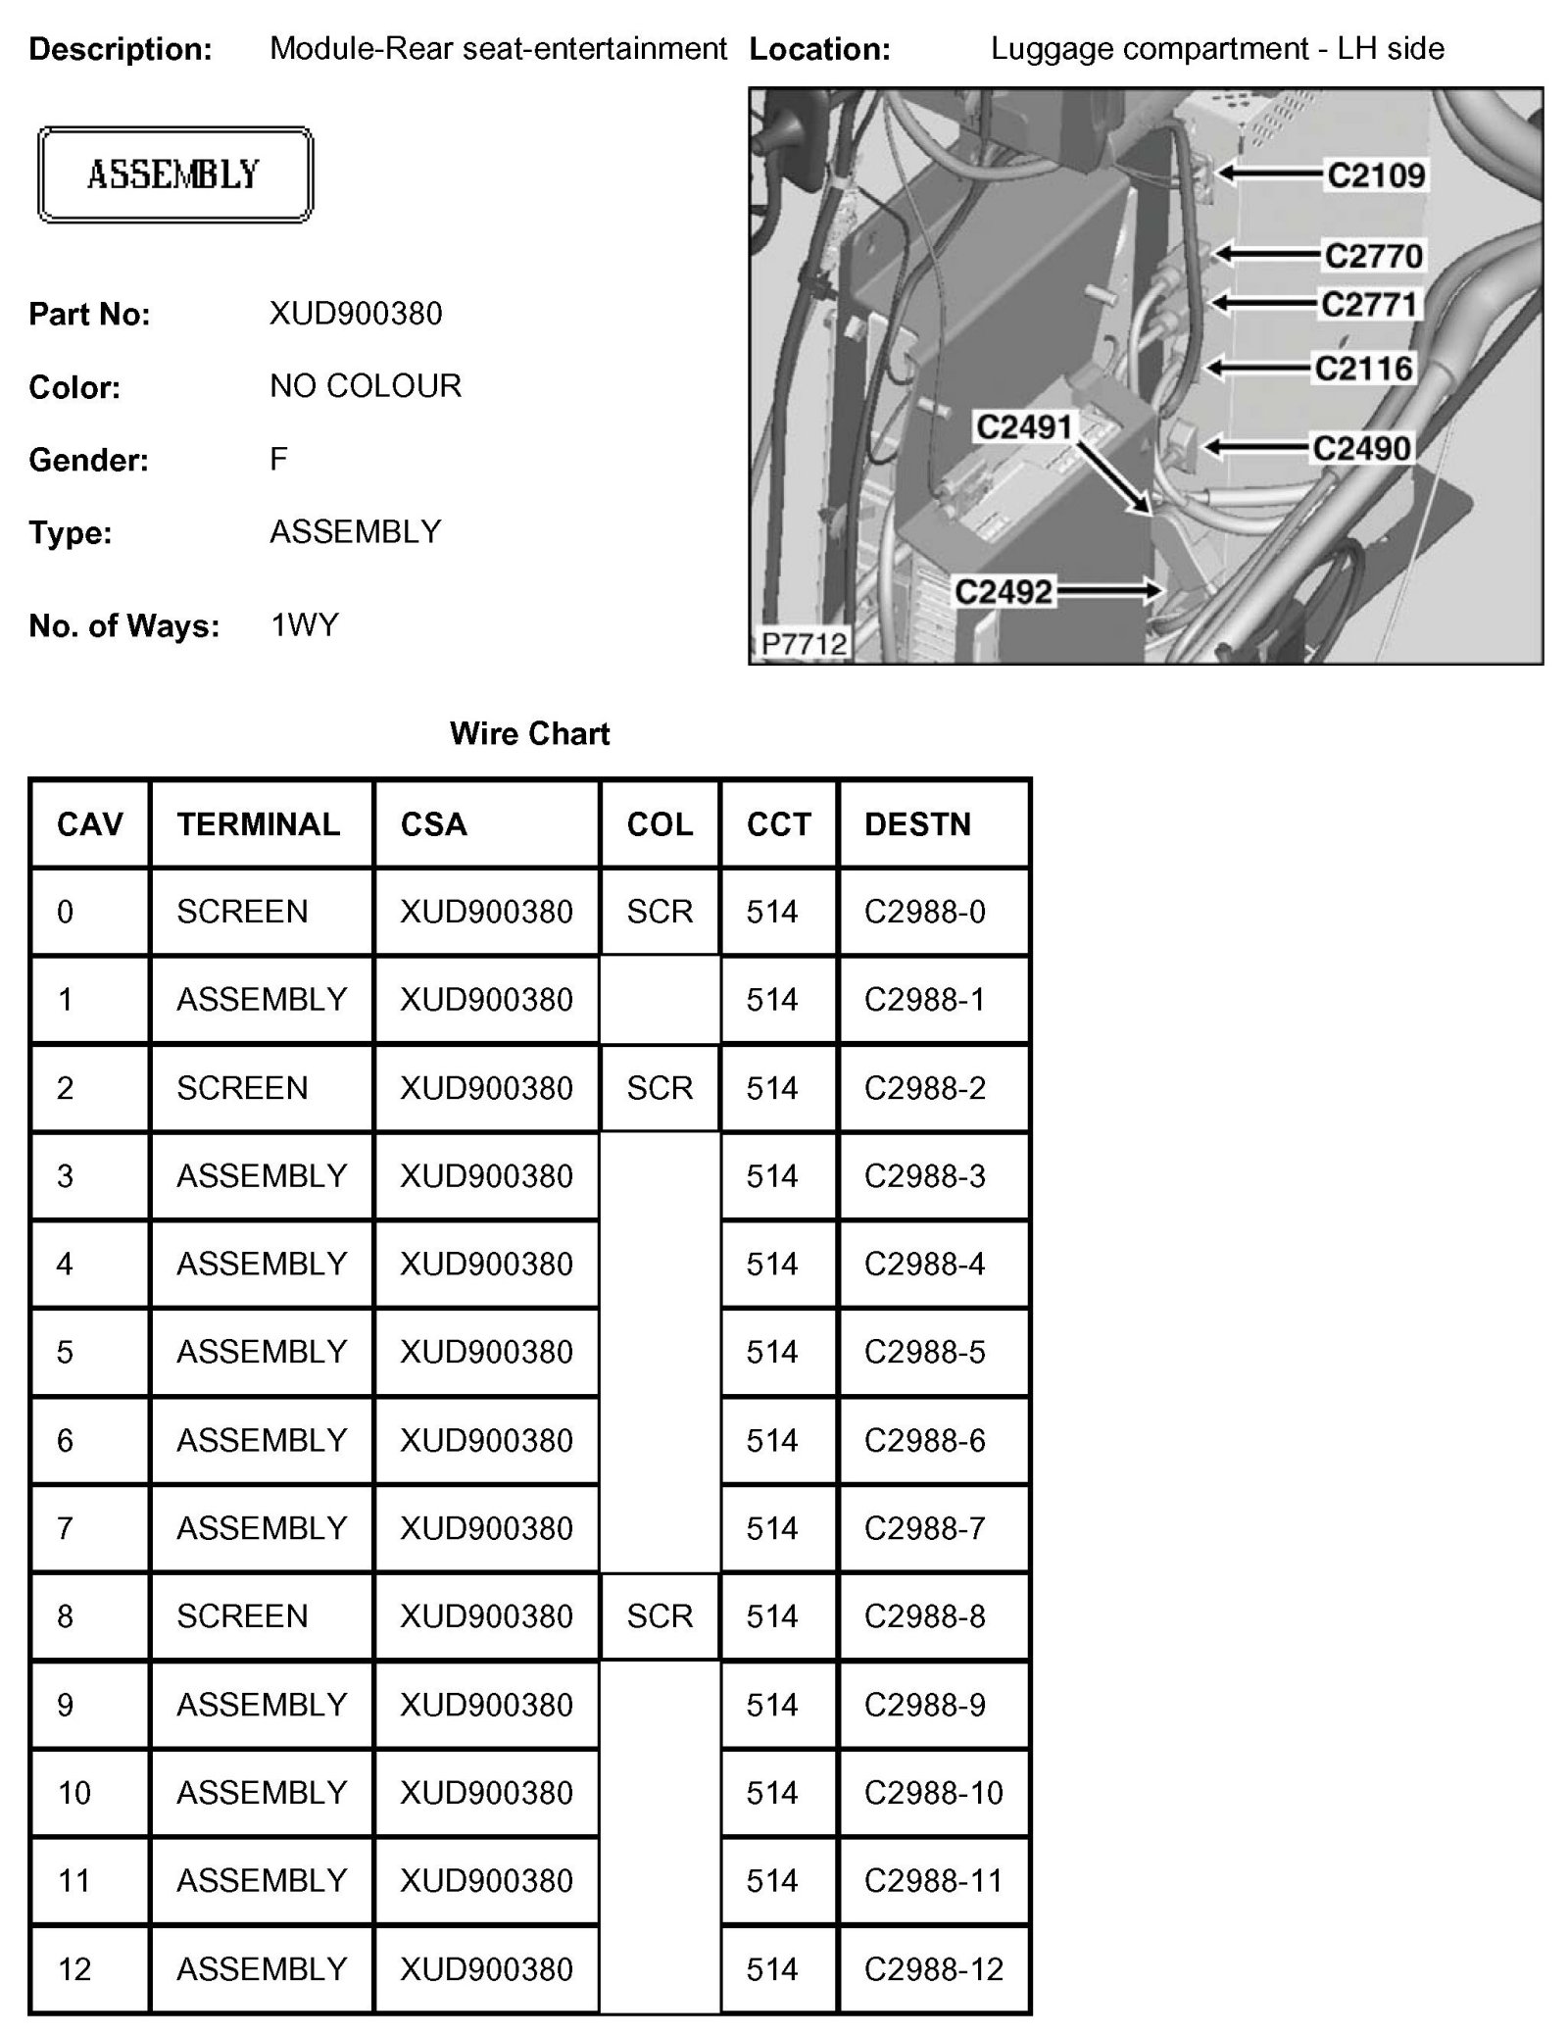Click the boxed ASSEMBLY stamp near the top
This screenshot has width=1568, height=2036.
[x=174, y=174]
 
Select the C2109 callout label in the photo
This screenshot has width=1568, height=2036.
[x=1375, y=175]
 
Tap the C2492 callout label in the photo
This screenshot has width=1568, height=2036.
[x=1004, y=592]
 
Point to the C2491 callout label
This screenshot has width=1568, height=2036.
[x=1024, y=427]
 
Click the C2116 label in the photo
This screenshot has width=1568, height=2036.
[x=1363, y=369]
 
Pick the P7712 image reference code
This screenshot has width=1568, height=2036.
[x=804, y=644]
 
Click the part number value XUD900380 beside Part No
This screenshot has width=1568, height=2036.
[x=356, y=314]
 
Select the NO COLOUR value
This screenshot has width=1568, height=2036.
[x=365, y=386]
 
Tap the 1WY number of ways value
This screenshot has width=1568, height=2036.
[x=304, y=625]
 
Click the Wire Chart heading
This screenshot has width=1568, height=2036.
[x=529, y=733]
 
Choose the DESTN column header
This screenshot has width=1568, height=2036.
[x=917, y=824]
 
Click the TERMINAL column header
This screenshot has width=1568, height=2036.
[x=259, y=824]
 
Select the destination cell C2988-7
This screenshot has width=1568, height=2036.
[x=924, y=1528]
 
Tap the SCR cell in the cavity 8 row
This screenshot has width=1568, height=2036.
[x=660, y=1616]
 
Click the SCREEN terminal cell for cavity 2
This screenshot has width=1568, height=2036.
[x=242, y=1088]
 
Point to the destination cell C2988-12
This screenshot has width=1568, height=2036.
[x=933, y=1969]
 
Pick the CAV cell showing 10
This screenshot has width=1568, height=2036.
[x=74, y=1793]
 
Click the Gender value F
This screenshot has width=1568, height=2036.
[x=279, y=459]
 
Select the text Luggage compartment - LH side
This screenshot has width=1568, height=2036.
[x=1217, y=48]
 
